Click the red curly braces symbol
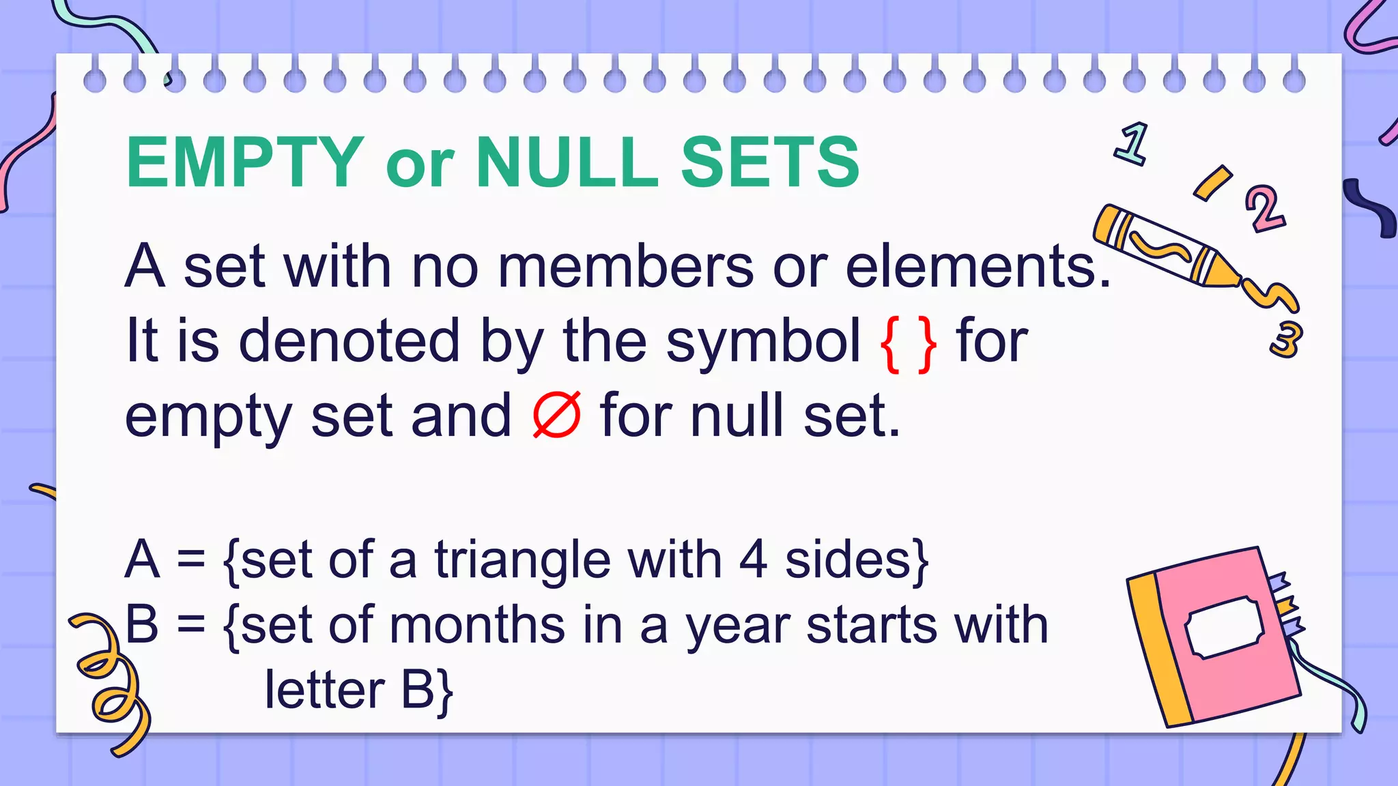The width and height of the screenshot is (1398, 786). [x=908, y=343]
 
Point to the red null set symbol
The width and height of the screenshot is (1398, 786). [x=556, y=415]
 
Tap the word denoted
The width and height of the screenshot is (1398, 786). [x=349, y=340]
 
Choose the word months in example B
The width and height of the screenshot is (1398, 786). [x=477, y=625]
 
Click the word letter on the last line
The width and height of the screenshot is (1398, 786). [x=324, y=690]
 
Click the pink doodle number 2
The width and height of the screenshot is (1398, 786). [x=1264, y=208]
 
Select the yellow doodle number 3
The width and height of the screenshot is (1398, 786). [x=1286, y=339]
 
